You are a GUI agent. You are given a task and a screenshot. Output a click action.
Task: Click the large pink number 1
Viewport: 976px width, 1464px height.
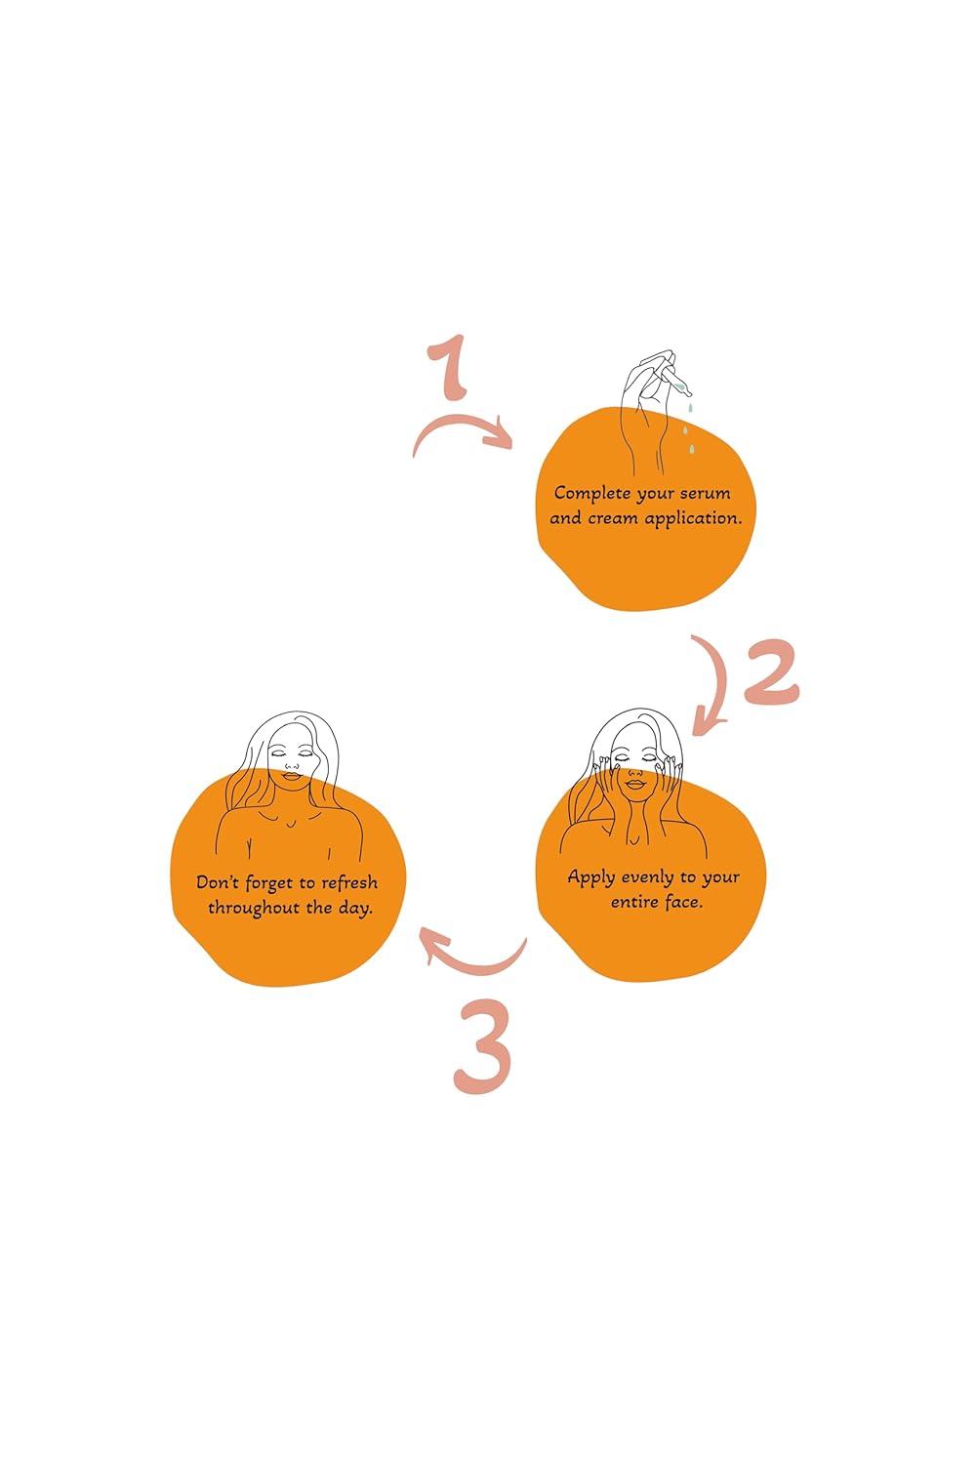[450, 368]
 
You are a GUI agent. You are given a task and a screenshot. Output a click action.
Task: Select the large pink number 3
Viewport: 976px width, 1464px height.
[483, 1047]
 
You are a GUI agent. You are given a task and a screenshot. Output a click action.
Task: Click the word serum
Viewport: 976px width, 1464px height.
[705, 494]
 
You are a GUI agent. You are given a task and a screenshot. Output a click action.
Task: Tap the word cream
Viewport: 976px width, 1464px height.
[613, 518]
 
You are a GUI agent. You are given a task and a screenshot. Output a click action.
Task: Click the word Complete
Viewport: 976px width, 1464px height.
[591, 494]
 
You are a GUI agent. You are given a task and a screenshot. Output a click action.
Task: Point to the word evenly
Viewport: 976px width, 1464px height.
[647, 877]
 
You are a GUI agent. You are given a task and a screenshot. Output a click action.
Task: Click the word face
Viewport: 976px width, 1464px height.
[683, 902]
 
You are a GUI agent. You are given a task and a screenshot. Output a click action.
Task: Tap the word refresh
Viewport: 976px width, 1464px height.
[349, 882]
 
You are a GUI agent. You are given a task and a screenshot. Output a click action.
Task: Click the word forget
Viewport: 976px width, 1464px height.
[268, 883]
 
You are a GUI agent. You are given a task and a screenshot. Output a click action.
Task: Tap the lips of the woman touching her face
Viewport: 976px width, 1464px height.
[634, 782]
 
